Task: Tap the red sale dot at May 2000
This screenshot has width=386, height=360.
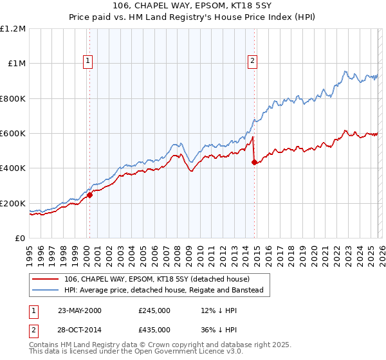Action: [90, 195]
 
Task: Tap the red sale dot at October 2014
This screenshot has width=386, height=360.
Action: [254, 162]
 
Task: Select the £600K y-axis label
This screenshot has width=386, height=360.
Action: [13, 134]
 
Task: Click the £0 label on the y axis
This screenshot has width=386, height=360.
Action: [21, 239]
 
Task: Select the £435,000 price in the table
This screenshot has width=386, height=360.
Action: [154, 329]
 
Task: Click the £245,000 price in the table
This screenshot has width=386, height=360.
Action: [154, 310]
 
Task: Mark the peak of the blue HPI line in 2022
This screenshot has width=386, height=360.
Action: [345, 71]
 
